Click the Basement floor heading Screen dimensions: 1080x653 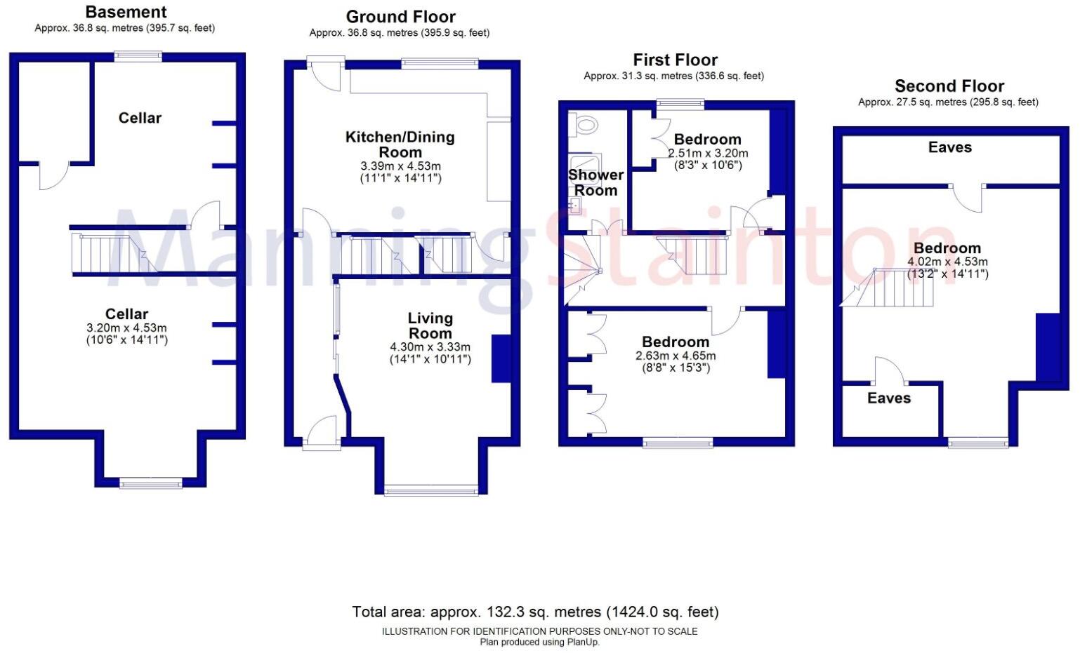126,12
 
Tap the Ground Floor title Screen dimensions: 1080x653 401,17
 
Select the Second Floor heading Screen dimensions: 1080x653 949,86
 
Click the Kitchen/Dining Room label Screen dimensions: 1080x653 400,144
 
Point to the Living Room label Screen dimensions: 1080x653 430,325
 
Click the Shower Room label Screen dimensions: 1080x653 596,182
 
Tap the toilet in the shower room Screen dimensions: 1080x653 584,126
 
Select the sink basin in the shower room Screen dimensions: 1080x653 574,206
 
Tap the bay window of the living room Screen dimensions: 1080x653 431,492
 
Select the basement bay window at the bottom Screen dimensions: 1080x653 151,483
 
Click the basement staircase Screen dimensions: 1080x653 114,253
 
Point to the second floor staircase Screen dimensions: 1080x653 887,288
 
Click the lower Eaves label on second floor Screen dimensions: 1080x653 889,398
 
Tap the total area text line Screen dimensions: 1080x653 535,612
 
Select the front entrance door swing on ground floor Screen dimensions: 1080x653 322,430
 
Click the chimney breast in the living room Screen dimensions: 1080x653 501,359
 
